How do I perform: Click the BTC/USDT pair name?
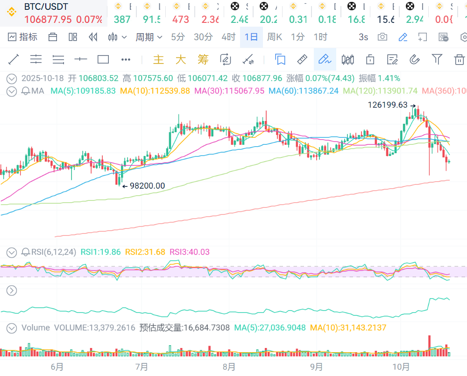[46, 7]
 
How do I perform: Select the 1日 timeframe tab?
[251, 37]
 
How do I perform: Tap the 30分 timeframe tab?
[203, 37]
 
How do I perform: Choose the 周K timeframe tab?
[275, 37]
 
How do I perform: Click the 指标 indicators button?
[23, 37]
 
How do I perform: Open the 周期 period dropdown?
[149, 37]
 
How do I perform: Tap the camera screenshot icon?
[382, 37]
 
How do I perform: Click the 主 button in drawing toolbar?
[159, 59]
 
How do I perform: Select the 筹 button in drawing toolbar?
[203, 59]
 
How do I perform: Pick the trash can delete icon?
[460, 59]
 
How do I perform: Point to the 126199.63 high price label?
[388, 105]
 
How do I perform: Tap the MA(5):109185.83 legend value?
[83, 91]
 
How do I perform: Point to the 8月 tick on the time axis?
[229, 367]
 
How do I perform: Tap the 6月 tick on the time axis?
[57, 367]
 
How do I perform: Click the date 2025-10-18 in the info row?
[42, 78]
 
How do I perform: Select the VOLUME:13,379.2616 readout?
[95, 328]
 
